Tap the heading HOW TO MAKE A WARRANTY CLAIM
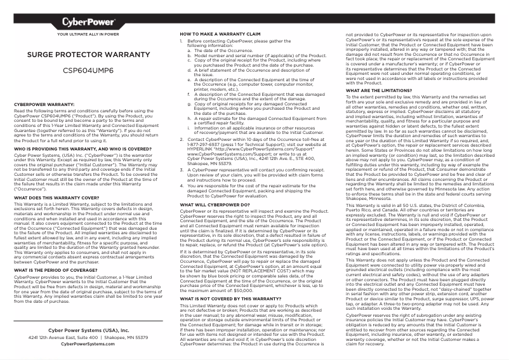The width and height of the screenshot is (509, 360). point(220,33)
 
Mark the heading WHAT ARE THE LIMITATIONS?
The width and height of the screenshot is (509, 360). point(378,90)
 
